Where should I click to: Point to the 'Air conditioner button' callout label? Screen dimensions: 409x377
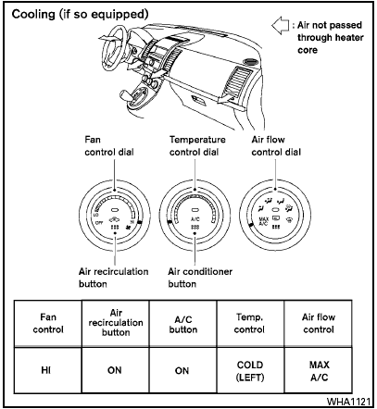coord(199,278)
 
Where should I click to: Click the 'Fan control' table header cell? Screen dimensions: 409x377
coord(44,322)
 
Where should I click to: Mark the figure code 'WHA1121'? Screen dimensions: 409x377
coord(347,401)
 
